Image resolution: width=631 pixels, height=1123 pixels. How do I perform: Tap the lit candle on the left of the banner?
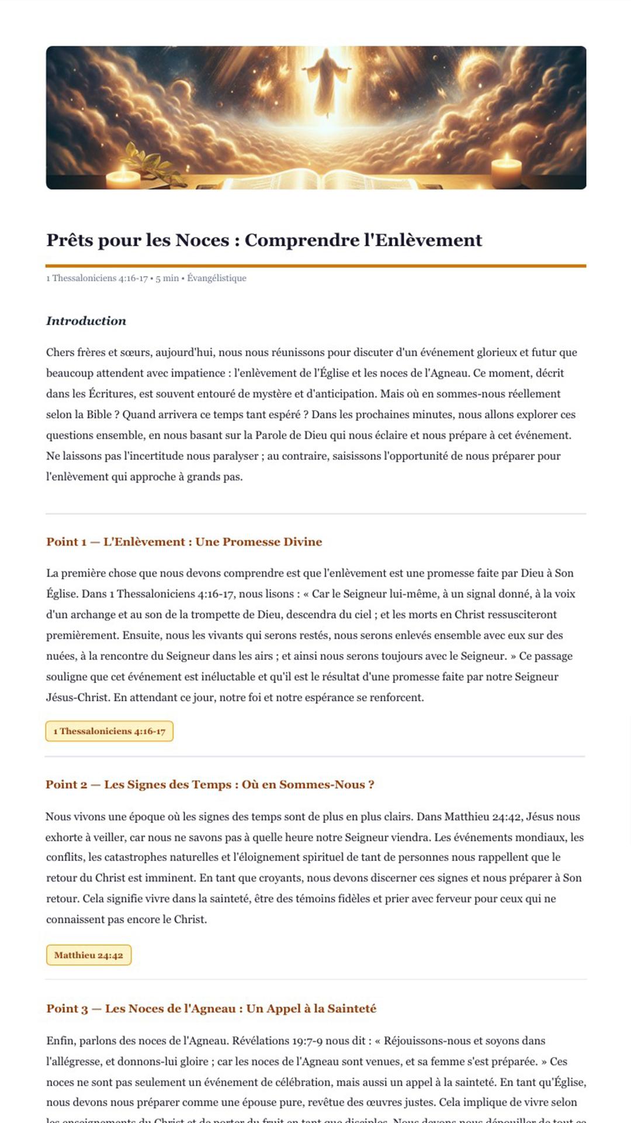[123, 176]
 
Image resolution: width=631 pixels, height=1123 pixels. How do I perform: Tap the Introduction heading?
[86, 321]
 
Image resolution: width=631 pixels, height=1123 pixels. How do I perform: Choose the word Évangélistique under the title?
[217, 278]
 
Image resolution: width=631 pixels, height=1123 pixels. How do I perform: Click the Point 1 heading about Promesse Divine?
[184, 542]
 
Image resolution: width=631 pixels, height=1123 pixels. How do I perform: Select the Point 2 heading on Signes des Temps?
[210, 785]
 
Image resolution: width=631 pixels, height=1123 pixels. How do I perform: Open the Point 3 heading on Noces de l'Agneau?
[212, 1009]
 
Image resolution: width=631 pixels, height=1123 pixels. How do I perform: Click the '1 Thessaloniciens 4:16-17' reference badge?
[109, 731]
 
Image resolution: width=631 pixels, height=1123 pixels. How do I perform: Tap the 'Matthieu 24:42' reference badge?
[89, 955]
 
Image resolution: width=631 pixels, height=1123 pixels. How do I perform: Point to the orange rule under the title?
[315, 266]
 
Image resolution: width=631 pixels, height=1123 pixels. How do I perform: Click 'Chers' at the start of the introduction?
[61, 353]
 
